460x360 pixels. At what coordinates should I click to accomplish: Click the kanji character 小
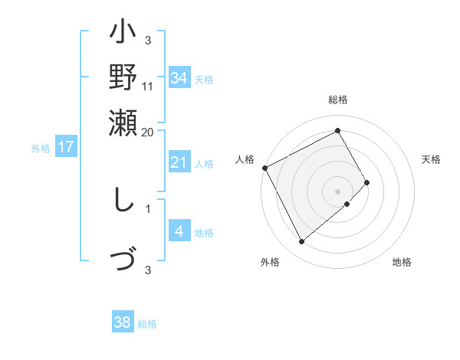[x=123, y=35]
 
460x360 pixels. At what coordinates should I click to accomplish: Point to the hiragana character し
[x=122, y=201]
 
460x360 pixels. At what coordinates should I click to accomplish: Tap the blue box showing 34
[x=179, y=78]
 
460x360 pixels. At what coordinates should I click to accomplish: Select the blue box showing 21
[x=179, y=162]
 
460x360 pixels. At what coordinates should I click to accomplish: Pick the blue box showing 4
[x=179, y=231]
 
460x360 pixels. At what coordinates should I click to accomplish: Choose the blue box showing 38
[x=123, y=322]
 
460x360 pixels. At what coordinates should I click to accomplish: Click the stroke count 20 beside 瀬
[x=148, y=132]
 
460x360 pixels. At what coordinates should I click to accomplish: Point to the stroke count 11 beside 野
[x=148, y=87]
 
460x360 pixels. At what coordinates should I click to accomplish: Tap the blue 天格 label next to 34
[x=204, y=79]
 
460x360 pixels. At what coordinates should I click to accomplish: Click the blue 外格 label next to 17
[x=41, y=149]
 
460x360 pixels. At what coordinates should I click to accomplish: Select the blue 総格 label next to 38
[x=147, y=324]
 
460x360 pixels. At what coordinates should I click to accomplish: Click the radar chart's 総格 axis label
[x=337, y=100]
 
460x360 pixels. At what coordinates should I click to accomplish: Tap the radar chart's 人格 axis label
[x=245, y=159]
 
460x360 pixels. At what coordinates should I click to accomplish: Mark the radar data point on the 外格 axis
[x=301, y=242]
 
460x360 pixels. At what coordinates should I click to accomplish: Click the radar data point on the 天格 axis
[x=367, y=182]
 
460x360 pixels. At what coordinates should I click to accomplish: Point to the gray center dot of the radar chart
[x=337, y=191]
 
